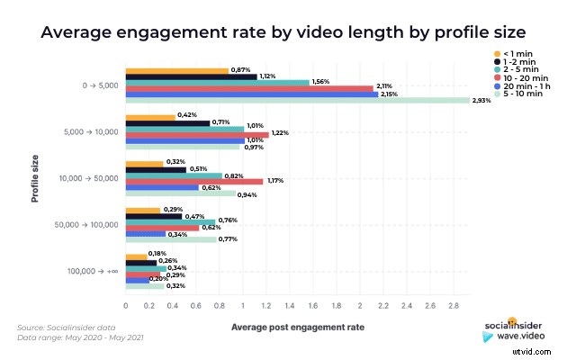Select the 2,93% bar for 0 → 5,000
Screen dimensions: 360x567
(x=297, y=100)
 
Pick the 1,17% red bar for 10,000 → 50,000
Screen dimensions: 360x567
(x=193, y=181)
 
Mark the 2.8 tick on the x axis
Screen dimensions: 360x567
(x=454, y=306)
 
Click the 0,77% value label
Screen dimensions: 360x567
(x=228, y=239)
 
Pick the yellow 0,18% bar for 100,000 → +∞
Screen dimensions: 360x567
(x=136, y=256)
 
